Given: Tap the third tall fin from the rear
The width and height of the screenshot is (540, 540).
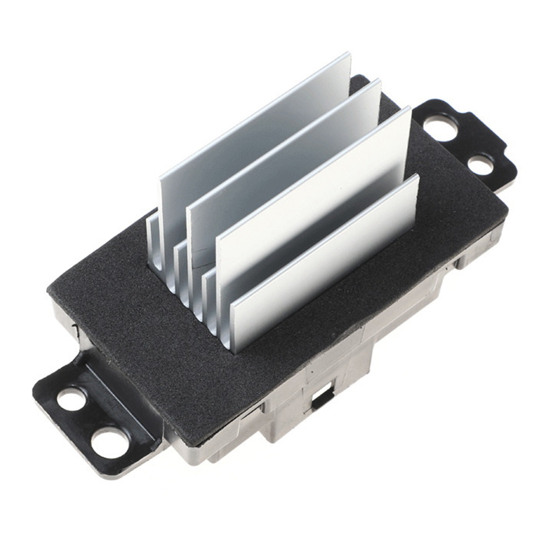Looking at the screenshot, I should click(x=314, y=197).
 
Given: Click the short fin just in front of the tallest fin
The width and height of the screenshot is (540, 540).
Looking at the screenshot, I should click(x=154, y=245).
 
